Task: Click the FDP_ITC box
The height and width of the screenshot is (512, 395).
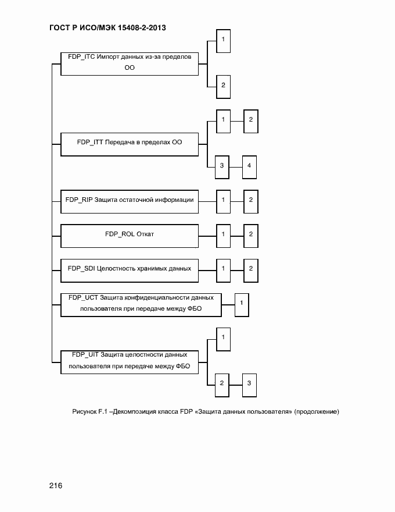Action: click(129, 63)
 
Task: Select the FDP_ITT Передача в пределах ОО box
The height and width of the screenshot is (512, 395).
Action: click(129, 142)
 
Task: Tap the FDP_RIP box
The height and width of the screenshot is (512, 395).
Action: click(129, 201)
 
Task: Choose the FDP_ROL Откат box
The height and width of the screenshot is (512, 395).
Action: click(129, 234)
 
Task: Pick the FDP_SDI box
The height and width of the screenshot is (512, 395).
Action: click(129, 269)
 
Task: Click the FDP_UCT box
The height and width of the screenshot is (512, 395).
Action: click(141, 303)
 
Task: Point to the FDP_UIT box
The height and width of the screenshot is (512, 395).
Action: click(129, 361)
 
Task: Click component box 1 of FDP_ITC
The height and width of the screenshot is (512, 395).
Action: click(223, 40)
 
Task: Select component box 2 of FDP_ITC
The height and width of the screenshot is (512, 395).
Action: click(223, 86)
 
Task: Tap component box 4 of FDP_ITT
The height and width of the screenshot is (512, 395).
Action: click(249, 167)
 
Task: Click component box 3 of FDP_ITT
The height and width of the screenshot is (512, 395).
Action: click(222, 167)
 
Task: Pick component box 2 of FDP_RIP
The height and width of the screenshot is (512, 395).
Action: click(250, 201)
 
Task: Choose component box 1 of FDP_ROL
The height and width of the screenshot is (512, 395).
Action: click(223, 234)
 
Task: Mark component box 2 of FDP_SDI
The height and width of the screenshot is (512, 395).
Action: click(250, 269)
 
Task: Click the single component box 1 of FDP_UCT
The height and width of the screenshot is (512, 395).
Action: click(242, 303)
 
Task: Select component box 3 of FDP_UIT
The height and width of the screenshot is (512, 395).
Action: click(249, 383)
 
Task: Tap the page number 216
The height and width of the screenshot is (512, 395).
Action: click(56, 486)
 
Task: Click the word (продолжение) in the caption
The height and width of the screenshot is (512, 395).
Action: click(316, 413)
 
